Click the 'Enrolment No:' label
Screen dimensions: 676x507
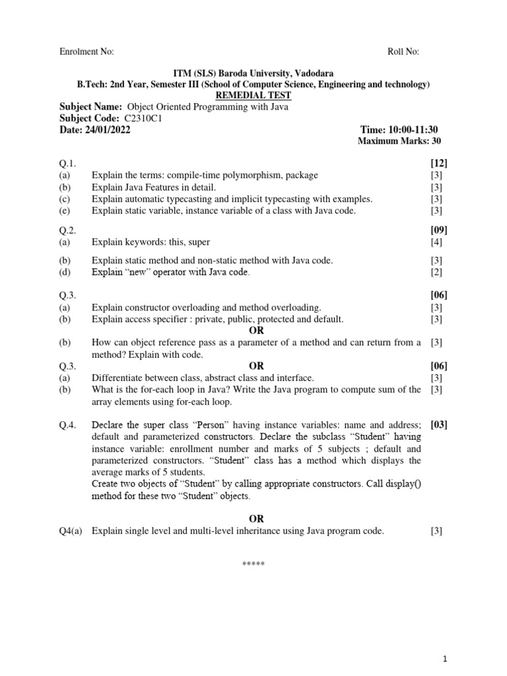(86, 52)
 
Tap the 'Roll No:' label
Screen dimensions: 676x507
(403, 52)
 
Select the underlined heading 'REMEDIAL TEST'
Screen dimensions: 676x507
(253, 96)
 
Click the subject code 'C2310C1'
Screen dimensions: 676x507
(143, 118)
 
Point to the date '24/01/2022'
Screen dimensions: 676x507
(108, 129)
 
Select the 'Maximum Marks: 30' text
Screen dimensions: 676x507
(399, 141)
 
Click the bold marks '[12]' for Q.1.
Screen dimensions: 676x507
(439, 163)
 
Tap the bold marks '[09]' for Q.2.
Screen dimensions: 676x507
(439, 230)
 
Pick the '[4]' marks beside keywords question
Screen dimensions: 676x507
(437, 242)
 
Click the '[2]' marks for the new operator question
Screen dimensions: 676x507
(437, 272)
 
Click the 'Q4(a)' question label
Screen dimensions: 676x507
(71, 531)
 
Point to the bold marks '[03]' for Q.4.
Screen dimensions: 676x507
(439, 424)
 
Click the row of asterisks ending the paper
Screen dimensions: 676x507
(253, 563)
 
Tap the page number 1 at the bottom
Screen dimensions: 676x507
(446, 659)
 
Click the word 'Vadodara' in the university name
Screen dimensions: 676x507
(311, 73)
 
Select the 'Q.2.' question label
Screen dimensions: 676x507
(68, 230)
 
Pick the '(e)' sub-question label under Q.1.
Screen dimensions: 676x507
(64, 211)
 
